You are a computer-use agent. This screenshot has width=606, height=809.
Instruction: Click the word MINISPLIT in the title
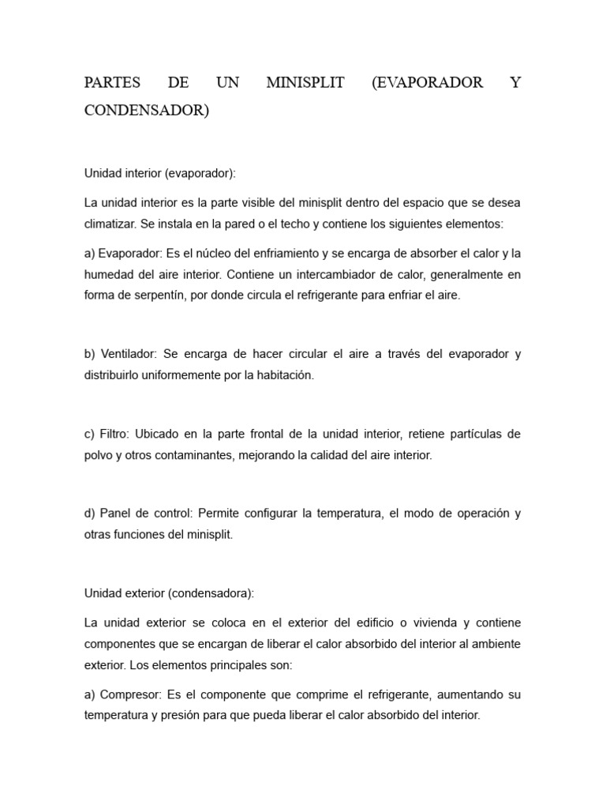[305, 83]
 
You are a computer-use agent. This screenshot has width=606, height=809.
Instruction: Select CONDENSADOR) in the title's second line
[147, 111]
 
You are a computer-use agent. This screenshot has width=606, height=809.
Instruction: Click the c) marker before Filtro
[90, 434]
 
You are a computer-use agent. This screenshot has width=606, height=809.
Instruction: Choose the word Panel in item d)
[115, 513]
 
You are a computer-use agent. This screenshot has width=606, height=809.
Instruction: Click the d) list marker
[90, 513]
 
